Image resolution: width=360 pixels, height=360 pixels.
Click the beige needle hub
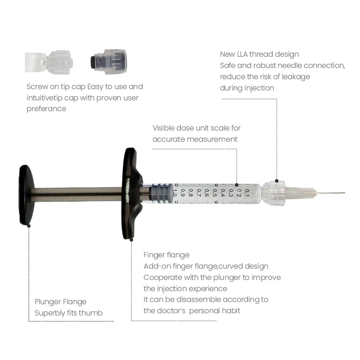(x=299, y=193)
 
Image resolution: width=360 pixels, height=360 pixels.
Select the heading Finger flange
(x=166, y=255)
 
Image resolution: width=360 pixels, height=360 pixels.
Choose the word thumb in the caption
(x=92, y=313)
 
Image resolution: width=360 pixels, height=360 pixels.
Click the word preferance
(x=46, y=108)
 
